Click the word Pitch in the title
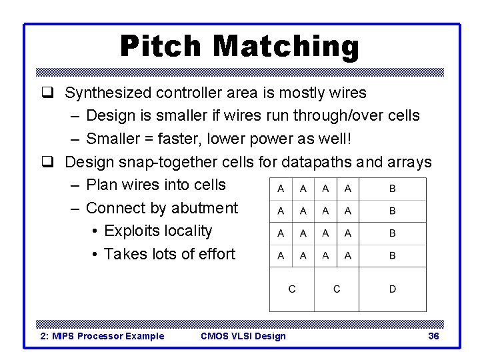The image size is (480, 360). (160, 47)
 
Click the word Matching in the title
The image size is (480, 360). (287, 47)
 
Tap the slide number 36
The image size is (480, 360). (433, 336)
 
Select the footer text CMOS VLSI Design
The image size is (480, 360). (243, 336)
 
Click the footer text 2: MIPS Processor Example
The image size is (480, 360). (102, 336)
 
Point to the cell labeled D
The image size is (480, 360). (393, 289)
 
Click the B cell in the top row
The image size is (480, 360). (393, 189)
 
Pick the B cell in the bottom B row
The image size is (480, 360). (393, 255)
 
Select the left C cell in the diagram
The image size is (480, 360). (292, 289)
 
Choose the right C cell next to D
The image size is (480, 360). (337, 289)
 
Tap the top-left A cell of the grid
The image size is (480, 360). (281, 189)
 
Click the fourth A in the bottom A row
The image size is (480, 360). (348, 255)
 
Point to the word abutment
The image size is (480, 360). (204, 208)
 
